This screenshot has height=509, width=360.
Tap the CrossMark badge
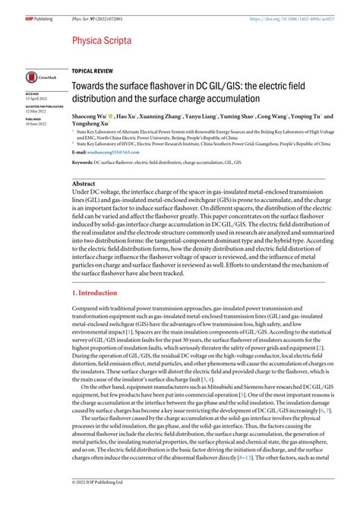tap(38, 77)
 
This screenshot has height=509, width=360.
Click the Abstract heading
tap(84, 184)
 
